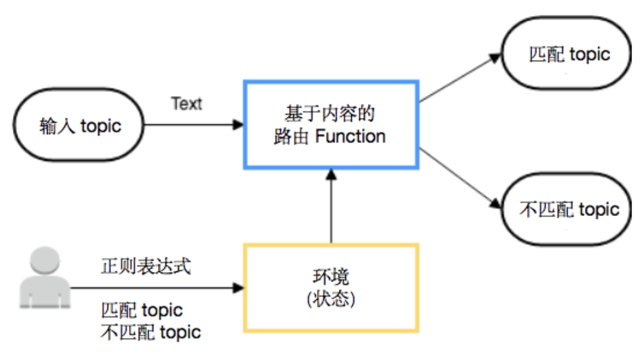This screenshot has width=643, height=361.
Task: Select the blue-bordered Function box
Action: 331,125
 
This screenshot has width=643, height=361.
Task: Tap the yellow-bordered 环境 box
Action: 331,288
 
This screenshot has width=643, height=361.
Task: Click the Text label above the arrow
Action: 187,104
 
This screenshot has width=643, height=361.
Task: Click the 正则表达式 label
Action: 146,267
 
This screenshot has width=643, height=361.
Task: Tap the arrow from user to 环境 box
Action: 155,288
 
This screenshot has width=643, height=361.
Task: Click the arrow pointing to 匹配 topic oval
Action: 460,77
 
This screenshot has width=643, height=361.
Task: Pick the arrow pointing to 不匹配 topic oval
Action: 460,178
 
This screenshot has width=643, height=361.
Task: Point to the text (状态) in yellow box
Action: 331,299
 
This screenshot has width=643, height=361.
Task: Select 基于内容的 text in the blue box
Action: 330,114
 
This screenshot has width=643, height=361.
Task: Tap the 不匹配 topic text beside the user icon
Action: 151,333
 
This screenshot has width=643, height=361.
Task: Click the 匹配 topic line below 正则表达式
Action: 142,310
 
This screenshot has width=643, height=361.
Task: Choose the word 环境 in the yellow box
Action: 331,278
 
